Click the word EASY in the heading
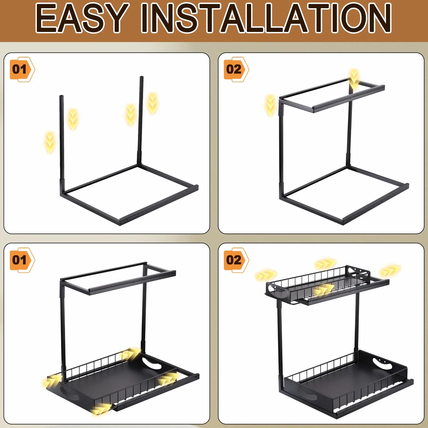coord(82,18)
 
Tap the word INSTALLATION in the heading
coord(266,18)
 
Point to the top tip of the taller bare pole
coord(142,77)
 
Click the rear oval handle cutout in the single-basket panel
coord(151,364)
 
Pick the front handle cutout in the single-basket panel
coord(69,393)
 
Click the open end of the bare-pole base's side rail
coord(197,187)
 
